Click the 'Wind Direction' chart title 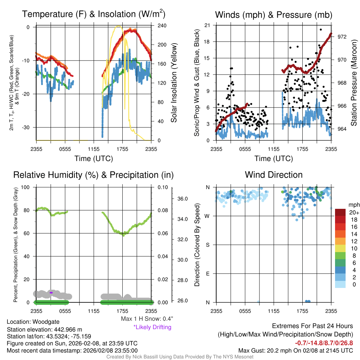[274, 175]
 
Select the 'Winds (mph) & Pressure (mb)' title [274, 15]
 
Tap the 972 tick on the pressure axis [342, 37]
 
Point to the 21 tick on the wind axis [207, 25]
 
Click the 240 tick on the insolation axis [162, 26]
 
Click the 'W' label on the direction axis [207, 216]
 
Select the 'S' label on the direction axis [207, 245]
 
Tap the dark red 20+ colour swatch [341, 212]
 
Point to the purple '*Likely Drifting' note [152, 327]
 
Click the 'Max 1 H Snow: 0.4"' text [147, 319]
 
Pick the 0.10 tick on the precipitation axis [162, 187]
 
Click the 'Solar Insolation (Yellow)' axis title [173, 83]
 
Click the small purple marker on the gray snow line [51, 292]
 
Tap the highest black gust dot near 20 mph [321, 30]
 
